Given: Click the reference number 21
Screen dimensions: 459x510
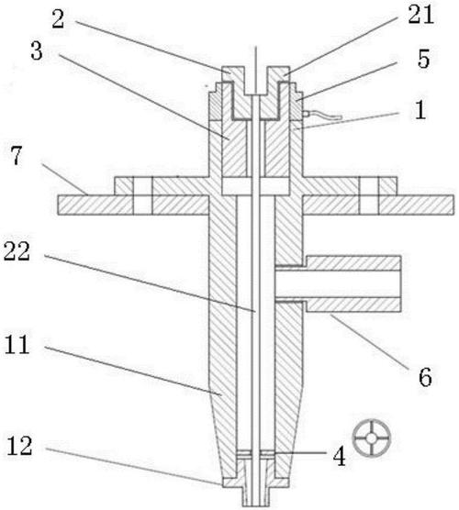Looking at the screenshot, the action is coord(421,14).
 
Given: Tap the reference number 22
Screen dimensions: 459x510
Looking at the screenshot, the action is coord(17,250).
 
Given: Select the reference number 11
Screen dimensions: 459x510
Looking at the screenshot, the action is coord(17,345).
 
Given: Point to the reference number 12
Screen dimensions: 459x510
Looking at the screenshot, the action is coord(19,446).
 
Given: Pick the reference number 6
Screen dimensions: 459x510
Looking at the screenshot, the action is coord(425,377).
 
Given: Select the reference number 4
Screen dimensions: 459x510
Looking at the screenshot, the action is coord(340,456).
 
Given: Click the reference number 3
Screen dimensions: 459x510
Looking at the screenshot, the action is coord(37,51).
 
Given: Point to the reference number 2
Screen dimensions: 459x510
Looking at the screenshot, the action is coord(58,19).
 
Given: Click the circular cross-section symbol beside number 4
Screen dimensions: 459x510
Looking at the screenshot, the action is coord(372,438).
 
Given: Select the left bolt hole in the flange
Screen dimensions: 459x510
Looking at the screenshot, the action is coord(142,195).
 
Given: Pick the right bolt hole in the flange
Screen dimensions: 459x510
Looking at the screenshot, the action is coord(369,195).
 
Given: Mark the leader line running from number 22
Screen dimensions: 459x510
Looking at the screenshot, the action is coord(150,283).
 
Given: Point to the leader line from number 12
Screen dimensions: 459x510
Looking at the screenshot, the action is coord(134,466).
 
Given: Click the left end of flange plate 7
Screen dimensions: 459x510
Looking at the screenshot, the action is coord(59,205).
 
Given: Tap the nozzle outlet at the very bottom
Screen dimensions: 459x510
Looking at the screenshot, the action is coord(255,499).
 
